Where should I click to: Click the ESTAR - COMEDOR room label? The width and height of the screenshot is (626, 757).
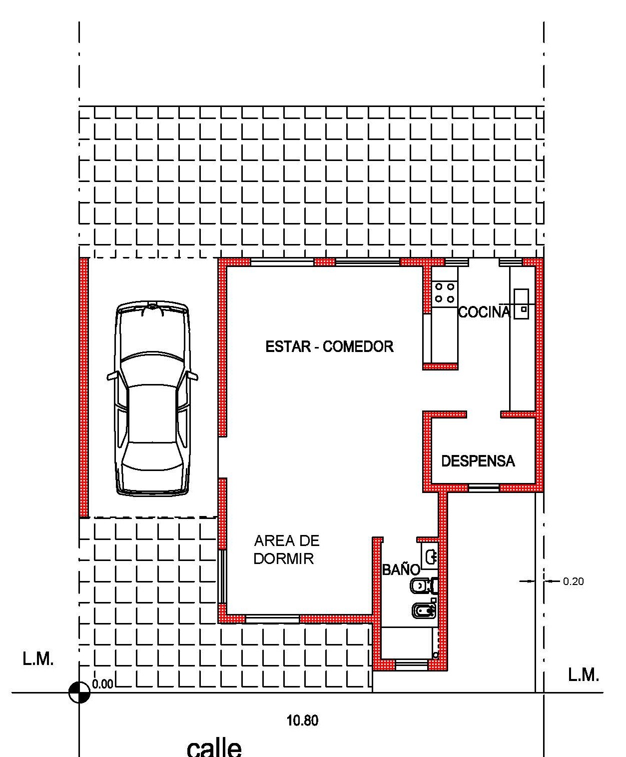[x=329, y=346]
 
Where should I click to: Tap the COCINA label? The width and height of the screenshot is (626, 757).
[x=484, y=312]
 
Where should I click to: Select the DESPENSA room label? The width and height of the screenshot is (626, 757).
[x=478, y=461]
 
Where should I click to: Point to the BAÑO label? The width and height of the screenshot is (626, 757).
[x=401, y=569]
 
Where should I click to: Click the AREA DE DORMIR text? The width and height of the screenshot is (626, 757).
[x=287, y=549]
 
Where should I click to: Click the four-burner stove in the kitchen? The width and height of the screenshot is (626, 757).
[x=445, y=292]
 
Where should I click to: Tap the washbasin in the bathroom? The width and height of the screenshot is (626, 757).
[x=430, y=556]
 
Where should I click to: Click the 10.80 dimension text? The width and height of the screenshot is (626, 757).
[x=302, y=720]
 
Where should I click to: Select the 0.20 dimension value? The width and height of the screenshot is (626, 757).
[x=573, y=581]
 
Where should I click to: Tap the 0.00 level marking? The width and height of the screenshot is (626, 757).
[x=102, y=684]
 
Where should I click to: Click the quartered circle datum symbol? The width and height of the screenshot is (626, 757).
[x=79, y=692]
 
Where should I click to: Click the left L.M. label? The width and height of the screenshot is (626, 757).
[x=38, y=658]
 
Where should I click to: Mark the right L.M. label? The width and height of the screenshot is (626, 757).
[x=583, y=674]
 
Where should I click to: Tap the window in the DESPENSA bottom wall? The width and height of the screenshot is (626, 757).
[x=484, y=487]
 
